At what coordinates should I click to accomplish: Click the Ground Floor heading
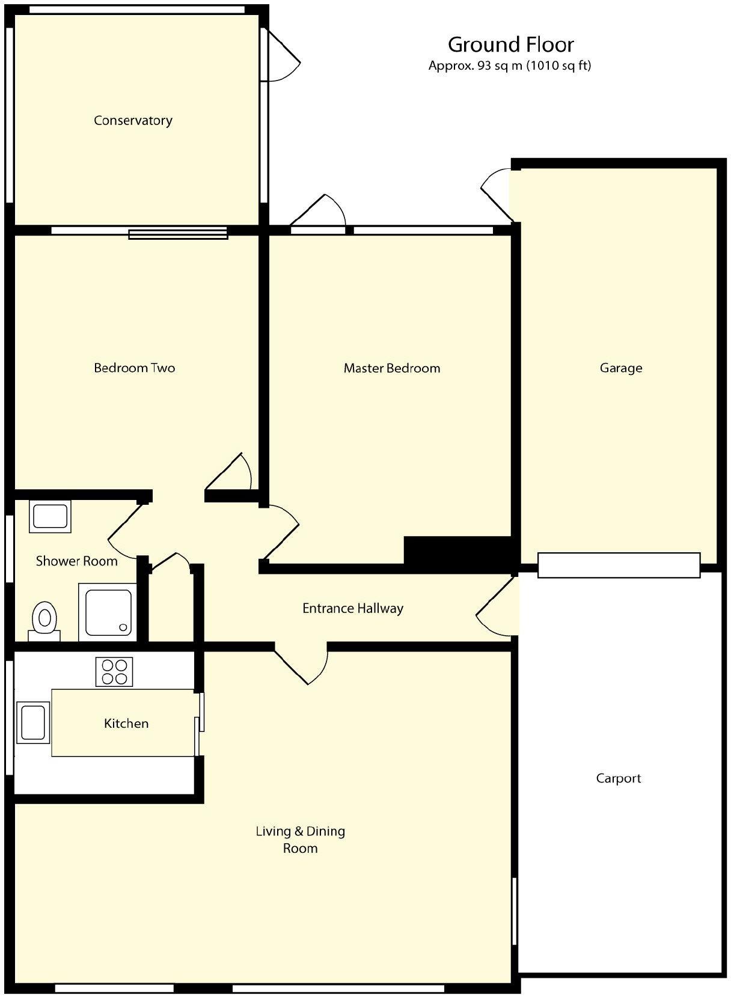(x=510, y=44)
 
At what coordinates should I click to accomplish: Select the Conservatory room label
(x=133, y=120)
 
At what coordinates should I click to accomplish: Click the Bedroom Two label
(x=134, y=368)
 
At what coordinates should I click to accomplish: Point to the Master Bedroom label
(x=391, y=368)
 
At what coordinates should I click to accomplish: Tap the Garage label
(x=620, y=368)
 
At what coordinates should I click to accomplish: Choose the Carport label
(x=618, y=778)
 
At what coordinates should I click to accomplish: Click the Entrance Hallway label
(x=352, y=608)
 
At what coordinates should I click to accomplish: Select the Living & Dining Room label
(x=300, y=840)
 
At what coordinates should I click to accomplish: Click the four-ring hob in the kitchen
(x=114, y=672)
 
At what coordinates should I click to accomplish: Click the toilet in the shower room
(x=44, y=619)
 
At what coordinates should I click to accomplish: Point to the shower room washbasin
(x=50, y=516)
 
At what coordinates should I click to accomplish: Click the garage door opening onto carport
(x=619, y=565)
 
